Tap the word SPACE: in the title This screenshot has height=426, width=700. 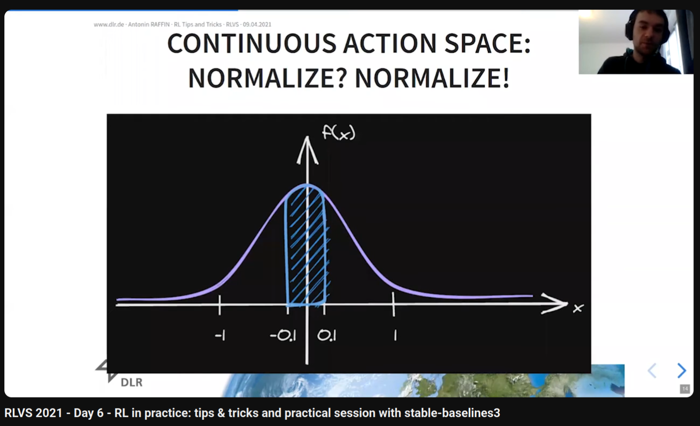click(487, 43)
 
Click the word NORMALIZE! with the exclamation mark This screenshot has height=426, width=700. click(432, 78)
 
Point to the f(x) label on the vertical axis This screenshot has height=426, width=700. click(339, 132)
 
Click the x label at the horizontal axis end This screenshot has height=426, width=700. click(578, 308)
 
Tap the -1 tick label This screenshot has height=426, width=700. click(220, 336)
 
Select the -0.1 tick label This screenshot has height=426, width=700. click(283, 336)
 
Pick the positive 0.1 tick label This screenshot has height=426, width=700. click(327, 336)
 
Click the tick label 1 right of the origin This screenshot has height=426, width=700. click(395, 336)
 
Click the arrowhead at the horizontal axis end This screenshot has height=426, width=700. click(555, 303)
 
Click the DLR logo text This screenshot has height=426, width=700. click(132, 382)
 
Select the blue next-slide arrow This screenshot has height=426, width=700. click(682, 371)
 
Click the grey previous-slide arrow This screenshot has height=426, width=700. click(652, 371)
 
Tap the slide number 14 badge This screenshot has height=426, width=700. click(685, 389)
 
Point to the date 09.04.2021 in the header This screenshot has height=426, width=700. click(257, 25)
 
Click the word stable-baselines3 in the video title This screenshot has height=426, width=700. click(452, 413)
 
